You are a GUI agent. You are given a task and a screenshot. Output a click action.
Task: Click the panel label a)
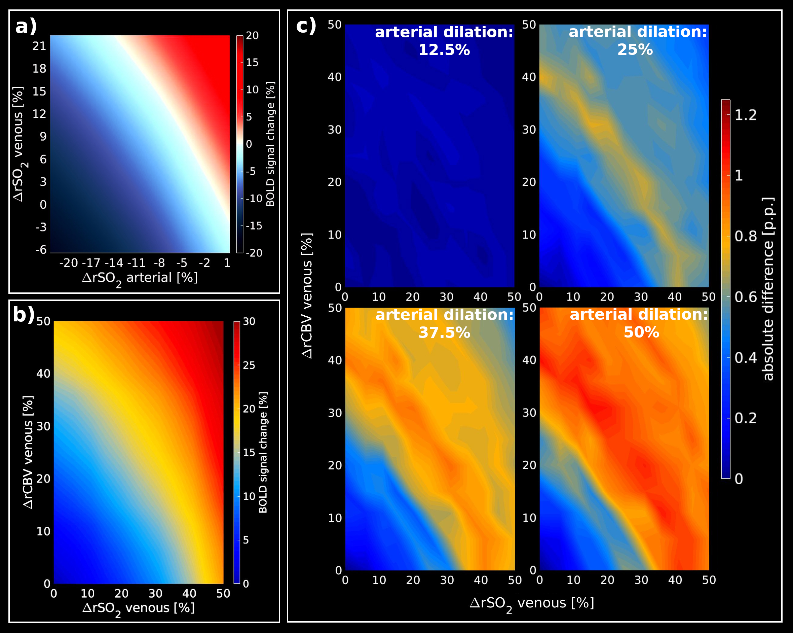click(26, 27)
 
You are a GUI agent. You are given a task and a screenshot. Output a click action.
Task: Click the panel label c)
click(306, 26)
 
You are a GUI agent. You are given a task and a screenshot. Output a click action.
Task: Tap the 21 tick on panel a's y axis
click(39, 46)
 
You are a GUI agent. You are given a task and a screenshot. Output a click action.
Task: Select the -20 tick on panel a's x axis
click(69, 263)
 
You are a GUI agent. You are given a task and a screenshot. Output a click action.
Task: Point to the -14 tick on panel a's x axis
click(114, 263)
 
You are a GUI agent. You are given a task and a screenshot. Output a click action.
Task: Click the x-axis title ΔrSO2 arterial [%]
click(140, 278)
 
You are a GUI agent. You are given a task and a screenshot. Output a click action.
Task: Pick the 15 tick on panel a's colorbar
click(252, 63)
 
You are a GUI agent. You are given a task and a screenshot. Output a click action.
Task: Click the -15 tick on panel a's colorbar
click(254, 225)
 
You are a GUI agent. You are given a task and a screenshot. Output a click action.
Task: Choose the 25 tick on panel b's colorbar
click(249, 365)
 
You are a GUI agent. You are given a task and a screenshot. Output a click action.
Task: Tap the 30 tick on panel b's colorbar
click(249, 321)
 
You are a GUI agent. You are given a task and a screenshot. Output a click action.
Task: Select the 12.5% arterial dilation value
click(444, 50)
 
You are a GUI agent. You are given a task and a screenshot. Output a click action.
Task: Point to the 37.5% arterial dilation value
click(444, 333)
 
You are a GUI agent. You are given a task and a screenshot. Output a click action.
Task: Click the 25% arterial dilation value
click(635, 50)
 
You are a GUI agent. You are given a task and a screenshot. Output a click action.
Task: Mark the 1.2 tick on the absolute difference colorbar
click(746, 115)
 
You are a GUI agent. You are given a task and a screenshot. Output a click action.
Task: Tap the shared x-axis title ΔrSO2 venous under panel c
click(532, 604)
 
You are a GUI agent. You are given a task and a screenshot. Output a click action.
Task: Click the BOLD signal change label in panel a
click(270, 144)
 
